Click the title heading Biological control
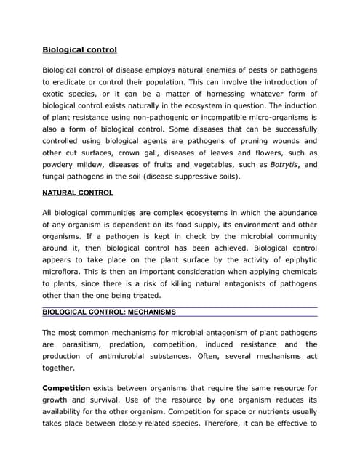[x=79, y=50]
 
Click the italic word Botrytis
[x=280, y=165]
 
